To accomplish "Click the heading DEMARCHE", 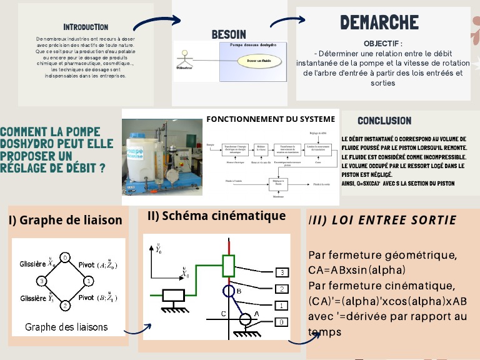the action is click(x=379, y=23).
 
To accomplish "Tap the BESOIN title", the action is click(x=229, y=34).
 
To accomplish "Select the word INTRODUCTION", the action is click(x=86, y=27).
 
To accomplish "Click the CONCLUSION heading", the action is click(x=384, y=121).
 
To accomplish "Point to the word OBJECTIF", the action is click(x=382, y=44).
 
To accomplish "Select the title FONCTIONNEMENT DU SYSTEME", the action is click(x=271, y=119).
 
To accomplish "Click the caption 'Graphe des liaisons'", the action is click(x=66, y=327).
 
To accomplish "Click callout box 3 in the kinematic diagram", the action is click(x=282, y=272).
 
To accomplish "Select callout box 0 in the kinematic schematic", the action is click(x=282, y=321).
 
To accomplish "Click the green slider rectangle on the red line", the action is click(x=229, y=265).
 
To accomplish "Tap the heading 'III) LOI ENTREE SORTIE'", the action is click(x=382, y=221).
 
